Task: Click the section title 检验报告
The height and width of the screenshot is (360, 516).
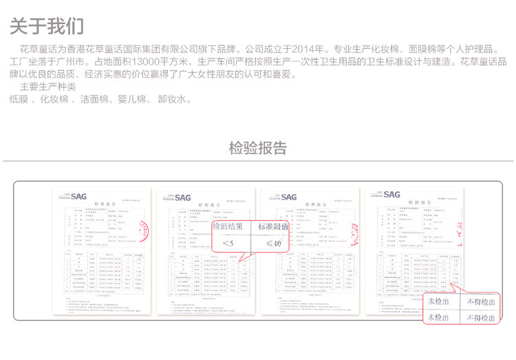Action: tap(258, 148)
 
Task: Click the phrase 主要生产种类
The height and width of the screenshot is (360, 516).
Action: tap(48, 87)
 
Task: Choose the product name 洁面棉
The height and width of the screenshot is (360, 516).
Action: tap(95, 100)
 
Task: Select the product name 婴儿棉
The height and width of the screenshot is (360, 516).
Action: tap(133, 100)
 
